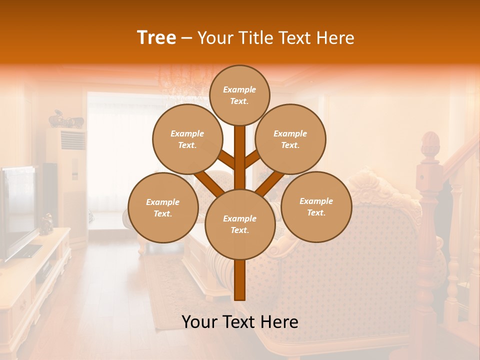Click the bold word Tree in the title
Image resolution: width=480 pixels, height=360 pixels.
[x=156, y=38]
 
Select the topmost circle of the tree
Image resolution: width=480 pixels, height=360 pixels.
[x=239, y=95]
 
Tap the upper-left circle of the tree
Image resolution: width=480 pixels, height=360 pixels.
[x=187, y=139]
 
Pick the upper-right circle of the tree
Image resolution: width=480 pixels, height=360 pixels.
[x=290, y=139]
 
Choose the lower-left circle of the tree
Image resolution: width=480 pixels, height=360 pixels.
[x=162, y=207]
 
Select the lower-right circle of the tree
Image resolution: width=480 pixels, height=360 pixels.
[x=316, y=206]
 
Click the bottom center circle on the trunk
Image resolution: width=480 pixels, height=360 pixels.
[x=239, y=224]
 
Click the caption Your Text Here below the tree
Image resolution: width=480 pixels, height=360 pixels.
[x=239, y=322]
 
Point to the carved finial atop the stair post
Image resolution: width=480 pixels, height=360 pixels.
[x=428, y=145]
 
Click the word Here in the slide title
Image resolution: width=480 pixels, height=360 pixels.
[x=336, y=38]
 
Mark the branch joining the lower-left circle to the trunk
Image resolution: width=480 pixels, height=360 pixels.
[x=207, y=183]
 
